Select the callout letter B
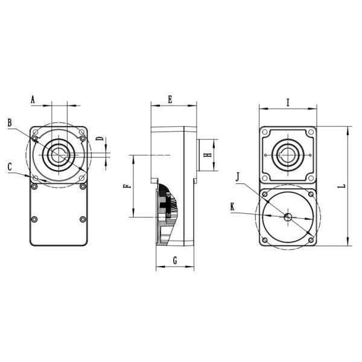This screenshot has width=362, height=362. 10,123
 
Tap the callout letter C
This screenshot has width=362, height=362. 10,165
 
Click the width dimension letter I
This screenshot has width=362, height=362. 288,103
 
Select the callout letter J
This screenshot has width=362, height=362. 239,176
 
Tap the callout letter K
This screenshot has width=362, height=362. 233,207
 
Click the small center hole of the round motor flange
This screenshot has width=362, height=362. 288,216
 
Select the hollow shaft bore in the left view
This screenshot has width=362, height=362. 58,154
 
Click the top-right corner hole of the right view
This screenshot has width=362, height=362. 310,132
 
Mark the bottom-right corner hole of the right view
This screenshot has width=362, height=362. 310,240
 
